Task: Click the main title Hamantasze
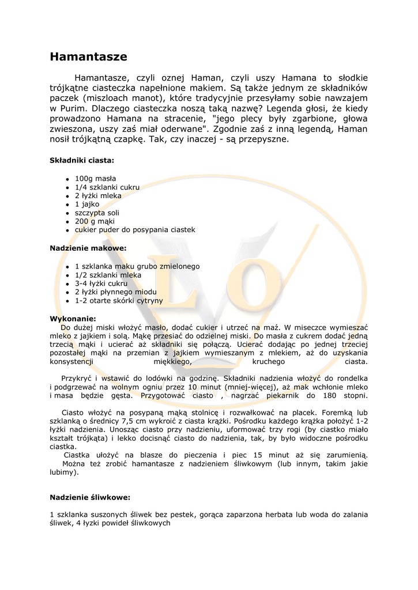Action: click(88, 56)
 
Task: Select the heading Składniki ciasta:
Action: click(81, 160)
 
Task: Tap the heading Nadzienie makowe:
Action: click(88, 248)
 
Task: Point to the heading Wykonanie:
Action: click(73, 319)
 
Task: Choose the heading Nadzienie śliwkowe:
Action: click(90, 497)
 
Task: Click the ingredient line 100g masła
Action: click(95, 179)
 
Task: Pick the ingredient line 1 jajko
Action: click(87, 204)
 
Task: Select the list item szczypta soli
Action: click(97, 213)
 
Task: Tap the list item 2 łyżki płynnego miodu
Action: click(115, 292)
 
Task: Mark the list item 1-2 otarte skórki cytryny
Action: click(119, 301)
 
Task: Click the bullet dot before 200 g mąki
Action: click(67, 222)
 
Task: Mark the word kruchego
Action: click(269, 361)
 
